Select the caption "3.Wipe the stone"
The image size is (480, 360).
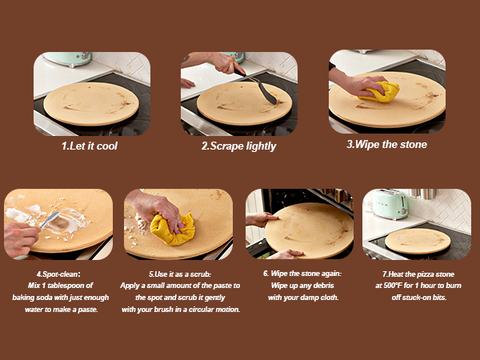pyautogui.click(x=386, y=145)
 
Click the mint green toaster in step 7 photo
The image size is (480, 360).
pyautogui.click(x=391, y=205)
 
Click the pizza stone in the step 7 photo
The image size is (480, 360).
pyautogui.click(x=417, y=240)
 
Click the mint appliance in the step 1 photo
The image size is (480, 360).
pyautogui.click(x=68, y=58)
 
